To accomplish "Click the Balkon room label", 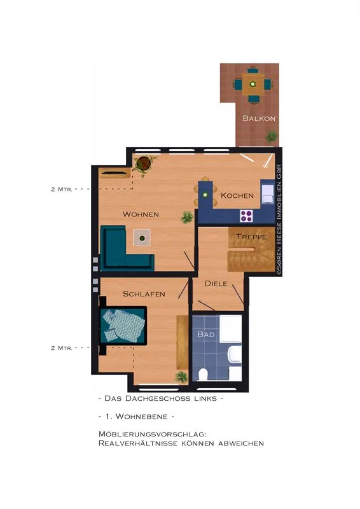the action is (x=259, y=118).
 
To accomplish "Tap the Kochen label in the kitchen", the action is (x=237, y=195).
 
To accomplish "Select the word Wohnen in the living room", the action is (x=141, y=214).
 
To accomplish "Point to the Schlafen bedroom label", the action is (x=144, y=294).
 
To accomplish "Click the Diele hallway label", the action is (x=216, y=283).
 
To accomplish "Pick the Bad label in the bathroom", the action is (x=206, y=334).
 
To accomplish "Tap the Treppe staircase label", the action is (x=251, y=237).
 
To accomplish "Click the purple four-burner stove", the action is (x=246, y=216).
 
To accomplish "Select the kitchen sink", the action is (x=268, y=194).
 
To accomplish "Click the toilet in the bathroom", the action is (x=203, y=374).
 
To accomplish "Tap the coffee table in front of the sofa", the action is (x=142, y=238).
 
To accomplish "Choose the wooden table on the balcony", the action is (x=253, y=85).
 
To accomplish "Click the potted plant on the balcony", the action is (x=271, y=137).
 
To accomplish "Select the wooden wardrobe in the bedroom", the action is (x=183, y=342).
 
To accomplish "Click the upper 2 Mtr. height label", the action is (x=62, y=189).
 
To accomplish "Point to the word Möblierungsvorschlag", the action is (x=153, y=434).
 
